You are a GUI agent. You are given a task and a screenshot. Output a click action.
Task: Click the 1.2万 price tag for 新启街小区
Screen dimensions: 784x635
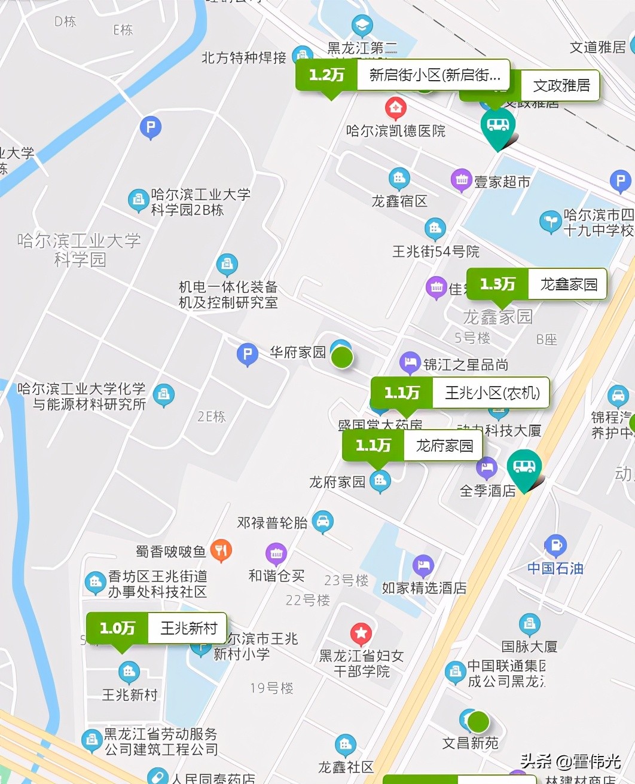click(x=326, y=75)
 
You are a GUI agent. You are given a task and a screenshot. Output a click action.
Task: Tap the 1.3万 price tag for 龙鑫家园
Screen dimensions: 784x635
click(x=497, y=284)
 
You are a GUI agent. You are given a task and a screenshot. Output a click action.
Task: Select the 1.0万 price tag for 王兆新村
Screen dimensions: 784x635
click(x=117, y=629)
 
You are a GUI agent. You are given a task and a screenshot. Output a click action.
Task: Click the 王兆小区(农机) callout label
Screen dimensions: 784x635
click(x=491, y=393)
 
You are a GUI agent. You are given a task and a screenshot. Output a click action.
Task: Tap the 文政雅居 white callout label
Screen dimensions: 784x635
click(x=561, y=86)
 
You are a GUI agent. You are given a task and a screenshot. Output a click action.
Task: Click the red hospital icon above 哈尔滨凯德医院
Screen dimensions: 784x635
click(x=395, y=109)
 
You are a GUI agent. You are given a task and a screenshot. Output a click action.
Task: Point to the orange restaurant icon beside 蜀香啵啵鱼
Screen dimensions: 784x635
click(x=221, y=550)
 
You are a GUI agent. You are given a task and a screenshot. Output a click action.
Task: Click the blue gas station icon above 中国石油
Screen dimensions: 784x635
click(x=555, y=545)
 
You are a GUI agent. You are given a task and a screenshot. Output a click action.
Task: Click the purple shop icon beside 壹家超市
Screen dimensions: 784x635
click(x=461, y=179)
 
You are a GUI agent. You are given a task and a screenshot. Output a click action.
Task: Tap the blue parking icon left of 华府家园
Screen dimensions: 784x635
click(x=247, y=354)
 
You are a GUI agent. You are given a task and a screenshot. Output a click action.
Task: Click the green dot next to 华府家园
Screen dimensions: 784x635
click(x=343, y=357)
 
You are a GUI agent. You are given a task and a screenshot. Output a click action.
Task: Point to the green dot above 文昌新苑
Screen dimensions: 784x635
click(x=478, y=722)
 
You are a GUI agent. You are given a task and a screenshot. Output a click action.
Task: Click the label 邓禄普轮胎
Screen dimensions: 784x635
click(x=272, y=523)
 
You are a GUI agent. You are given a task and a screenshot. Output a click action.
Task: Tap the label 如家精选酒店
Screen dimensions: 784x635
click(x=424, y=589)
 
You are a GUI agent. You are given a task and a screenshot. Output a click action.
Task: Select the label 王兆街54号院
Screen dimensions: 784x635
click(x=435, y=252)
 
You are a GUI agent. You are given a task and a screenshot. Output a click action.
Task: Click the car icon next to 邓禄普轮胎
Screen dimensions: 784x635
click(x=322, y=521)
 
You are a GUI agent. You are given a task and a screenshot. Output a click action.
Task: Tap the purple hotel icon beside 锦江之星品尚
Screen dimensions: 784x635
click(x=410, y=362)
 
